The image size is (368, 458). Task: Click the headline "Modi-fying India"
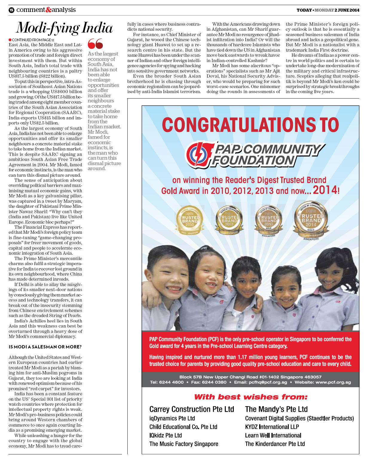point(64,28)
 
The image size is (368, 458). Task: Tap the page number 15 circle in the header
point(11,10)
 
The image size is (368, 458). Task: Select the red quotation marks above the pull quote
point(95,44)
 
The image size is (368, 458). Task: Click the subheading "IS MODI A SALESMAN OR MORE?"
point(45,347)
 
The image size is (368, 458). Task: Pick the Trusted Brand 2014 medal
point(311,220)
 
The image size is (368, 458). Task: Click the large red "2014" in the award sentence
point(325,190)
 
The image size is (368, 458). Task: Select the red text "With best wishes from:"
point(251,397)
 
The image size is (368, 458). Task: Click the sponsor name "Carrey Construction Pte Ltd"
point(192,409)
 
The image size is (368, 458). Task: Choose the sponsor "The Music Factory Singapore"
point(184,444)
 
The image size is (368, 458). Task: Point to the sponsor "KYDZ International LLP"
point(272,427)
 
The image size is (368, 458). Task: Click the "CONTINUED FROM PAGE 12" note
point(31,40)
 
